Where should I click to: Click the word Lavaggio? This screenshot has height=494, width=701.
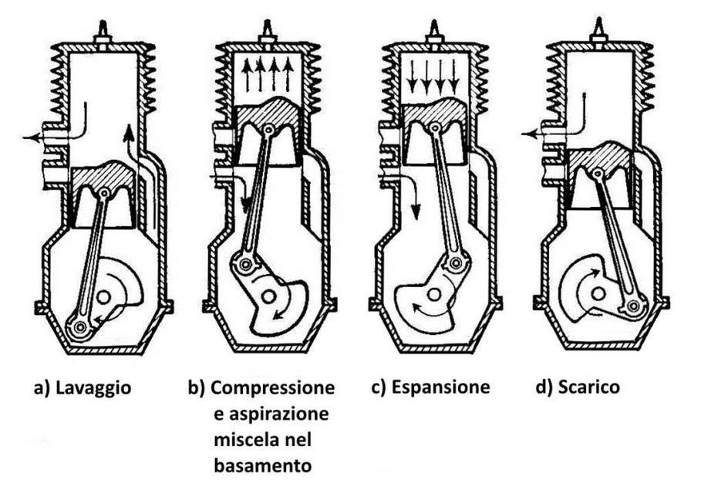[x=93, y=387]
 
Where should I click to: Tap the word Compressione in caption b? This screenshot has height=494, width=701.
[x=272, y=387]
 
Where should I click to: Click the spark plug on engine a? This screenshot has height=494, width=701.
[x=103, y=31]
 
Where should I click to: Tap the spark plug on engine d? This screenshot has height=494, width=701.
[x=598, y=31]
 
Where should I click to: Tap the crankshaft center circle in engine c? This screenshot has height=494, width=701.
[x=434, y=294]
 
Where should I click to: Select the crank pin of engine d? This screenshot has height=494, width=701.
[x=635, y=307]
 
